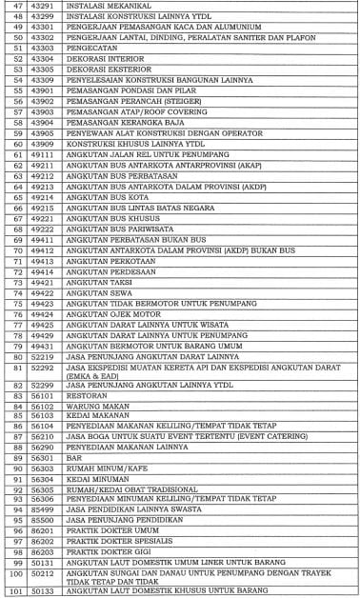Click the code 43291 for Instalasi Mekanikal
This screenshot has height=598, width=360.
[41, 7]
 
